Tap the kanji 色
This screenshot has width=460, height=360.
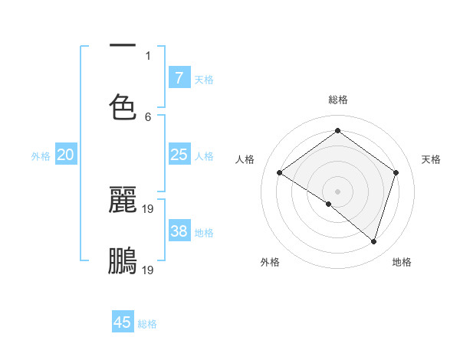123,107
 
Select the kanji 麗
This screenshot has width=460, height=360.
123,200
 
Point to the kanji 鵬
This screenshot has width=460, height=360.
123,260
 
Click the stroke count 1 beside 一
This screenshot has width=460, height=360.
148,55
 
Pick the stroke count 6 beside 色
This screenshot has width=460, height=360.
148,117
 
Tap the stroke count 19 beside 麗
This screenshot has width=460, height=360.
149,208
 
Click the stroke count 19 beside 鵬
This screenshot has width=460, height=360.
149,270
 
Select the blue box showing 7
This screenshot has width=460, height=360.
179,78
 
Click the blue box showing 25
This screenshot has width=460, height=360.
179,155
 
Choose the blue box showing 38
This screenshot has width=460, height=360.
179,231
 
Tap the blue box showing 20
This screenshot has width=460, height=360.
65,155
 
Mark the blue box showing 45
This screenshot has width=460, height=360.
123,322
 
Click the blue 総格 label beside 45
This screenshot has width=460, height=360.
147,324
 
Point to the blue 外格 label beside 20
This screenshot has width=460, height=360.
41,156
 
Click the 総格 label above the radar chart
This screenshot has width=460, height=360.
337,100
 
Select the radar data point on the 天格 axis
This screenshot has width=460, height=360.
396,172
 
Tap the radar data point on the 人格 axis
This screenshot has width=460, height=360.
280,172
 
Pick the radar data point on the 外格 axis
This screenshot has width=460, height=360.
329,204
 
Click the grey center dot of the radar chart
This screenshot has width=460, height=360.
337,191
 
